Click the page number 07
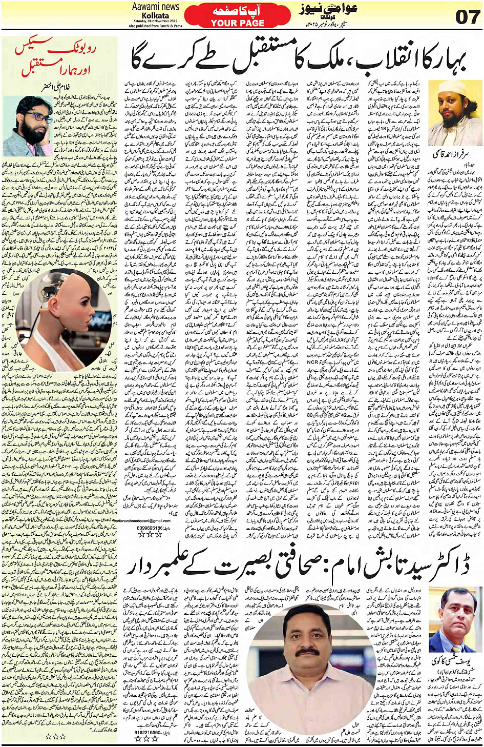(x=468, y=16)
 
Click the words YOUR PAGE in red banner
(x=238, y=23)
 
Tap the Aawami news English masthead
(x=155, y=7)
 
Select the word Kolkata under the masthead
(x=155, y=15)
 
